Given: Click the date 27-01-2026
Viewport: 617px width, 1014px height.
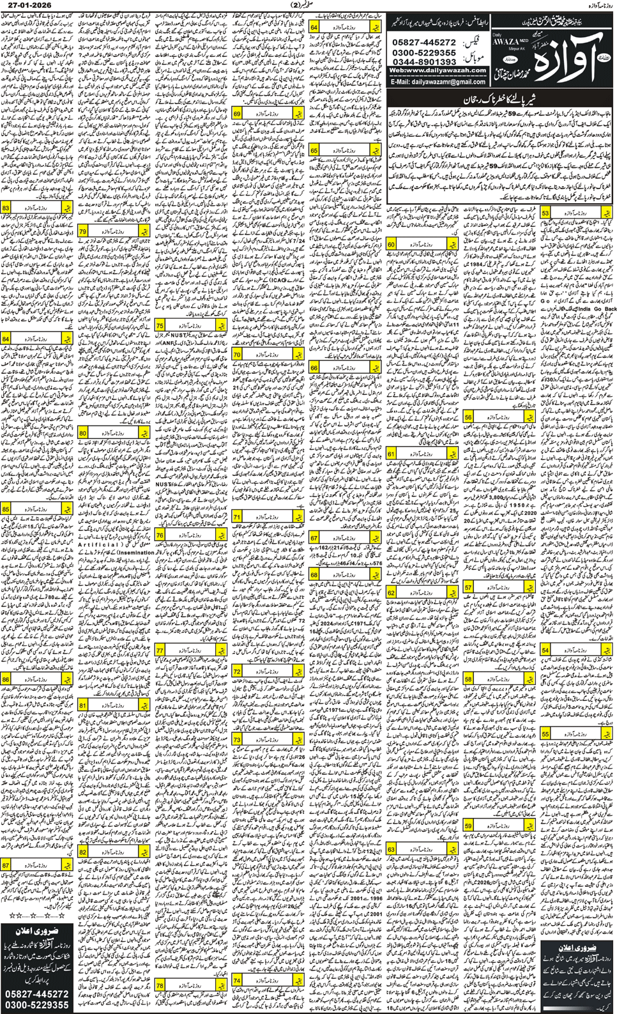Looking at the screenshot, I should click(x=26, y=5).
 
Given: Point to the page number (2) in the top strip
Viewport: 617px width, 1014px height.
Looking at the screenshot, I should click(x=309, y=5).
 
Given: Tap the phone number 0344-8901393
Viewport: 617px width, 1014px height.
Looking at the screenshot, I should click(x=423, y=62).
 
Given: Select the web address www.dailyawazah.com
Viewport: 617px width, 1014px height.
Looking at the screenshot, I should click(x=438, y=71).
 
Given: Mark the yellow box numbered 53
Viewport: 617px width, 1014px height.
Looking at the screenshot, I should click(x=545, y=213).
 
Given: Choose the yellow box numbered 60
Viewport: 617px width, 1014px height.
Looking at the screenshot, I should click(x=391, y=245).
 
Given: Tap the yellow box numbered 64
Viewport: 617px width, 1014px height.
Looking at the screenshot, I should click(x=314, y=27).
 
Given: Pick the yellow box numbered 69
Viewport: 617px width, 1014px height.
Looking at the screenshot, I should click(x=237, y=114).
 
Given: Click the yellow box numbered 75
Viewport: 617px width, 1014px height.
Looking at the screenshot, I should click(x=160, y=326).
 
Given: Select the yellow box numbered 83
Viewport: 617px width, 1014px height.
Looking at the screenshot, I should click(x=6, y=208).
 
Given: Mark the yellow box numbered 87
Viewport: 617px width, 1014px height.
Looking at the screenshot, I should click(x=6, y=864).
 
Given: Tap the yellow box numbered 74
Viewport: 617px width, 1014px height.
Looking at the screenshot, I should click(x=237, y=981).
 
